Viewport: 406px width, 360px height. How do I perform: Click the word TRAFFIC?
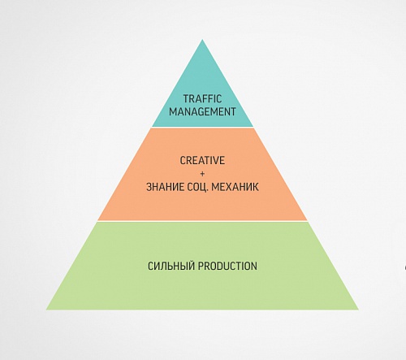(202, 98)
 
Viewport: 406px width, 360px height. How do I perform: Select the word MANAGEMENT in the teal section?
(202, 111)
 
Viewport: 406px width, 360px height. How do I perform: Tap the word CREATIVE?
(202, 160)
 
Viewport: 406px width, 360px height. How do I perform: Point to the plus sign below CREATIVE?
(202, 174)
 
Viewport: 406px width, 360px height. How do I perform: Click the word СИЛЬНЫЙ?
(171, 266)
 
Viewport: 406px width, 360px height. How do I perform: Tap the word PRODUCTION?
(227, 266)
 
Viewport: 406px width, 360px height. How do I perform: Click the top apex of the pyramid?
(202, 40)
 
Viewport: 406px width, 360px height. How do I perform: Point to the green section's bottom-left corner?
(46, 310)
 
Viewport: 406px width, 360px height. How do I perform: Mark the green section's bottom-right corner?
(358, 310)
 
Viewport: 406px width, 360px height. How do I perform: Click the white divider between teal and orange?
(202, 128)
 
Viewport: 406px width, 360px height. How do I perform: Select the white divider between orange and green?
(202, 221)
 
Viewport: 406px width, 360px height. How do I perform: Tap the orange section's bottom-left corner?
(98, 220)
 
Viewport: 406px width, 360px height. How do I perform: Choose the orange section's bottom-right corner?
(307, 220)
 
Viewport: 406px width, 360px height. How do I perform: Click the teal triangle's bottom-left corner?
(153, 126)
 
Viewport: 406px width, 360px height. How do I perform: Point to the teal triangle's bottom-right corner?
(253, 126)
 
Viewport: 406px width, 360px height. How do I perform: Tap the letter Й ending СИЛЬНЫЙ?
(192, 265)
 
